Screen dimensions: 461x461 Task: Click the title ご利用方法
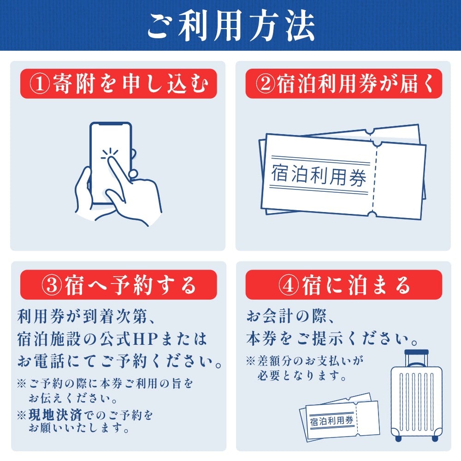click(231, 26)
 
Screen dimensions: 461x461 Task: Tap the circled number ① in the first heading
click(40, 84)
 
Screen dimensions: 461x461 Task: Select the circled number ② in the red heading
click(265, 84)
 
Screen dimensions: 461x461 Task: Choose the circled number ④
click(289, 285)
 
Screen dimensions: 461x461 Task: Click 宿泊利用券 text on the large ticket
click(319, 175)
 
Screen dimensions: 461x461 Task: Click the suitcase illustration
click(416, 396)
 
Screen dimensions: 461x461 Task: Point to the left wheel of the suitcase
click(398, 438)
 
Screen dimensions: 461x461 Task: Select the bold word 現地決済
click(55, 415)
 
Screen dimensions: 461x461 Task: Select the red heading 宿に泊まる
click(356, 285)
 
